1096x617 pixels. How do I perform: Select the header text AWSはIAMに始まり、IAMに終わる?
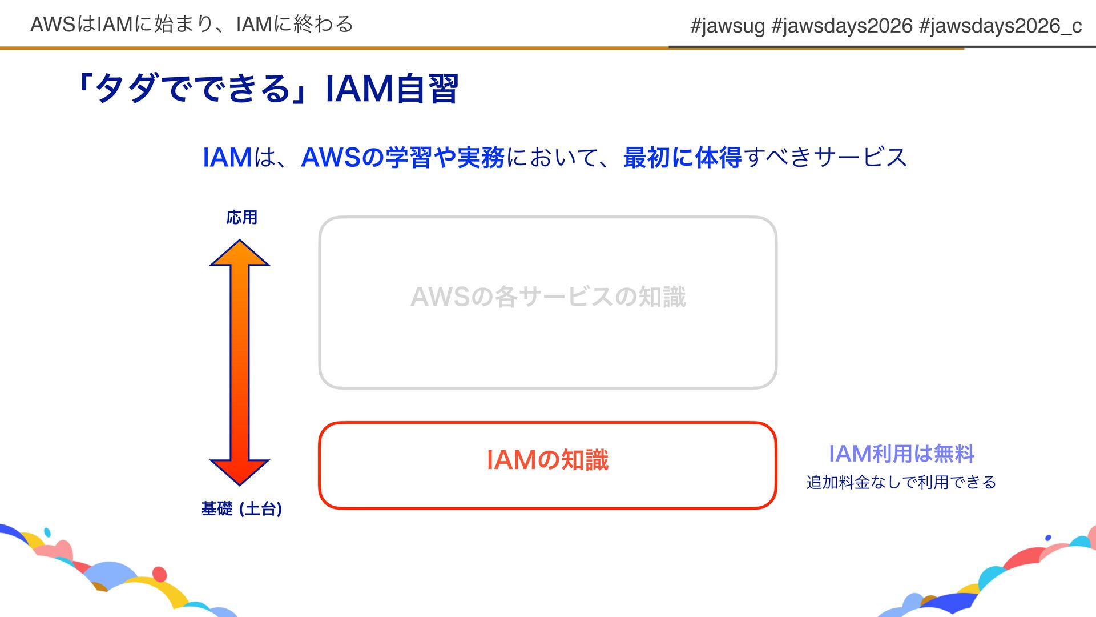[x=192, y=25]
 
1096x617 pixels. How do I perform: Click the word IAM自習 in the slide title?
[x=392, y=89]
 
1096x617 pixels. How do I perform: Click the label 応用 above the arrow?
[x=241, y=218]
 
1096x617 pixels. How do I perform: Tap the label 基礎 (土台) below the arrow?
[x=241, y=508]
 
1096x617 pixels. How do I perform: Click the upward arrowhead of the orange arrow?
[x=240, y=253]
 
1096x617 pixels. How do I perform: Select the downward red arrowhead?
[x=240, y=471]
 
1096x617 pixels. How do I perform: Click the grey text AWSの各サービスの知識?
[x=548, y=297]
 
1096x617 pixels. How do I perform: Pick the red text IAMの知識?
[x=548, y=460]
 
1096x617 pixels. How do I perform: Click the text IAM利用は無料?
[x=901, y=454]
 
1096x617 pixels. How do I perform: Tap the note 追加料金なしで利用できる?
[x=901, y=483]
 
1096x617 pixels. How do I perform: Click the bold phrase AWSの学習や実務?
[x=402, y=158]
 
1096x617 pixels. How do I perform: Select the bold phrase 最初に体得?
[x=682, y=158]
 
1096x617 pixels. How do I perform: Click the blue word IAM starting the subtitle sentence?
[x=227, y=158]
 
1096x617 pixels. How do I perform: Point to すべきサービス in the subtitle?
[x=825, y=158]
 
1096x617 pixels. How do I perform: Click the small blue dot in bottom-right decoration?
[x=1048, y=538]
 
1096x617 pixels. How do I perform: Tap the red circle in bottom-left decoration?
[x=160, y=574]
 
